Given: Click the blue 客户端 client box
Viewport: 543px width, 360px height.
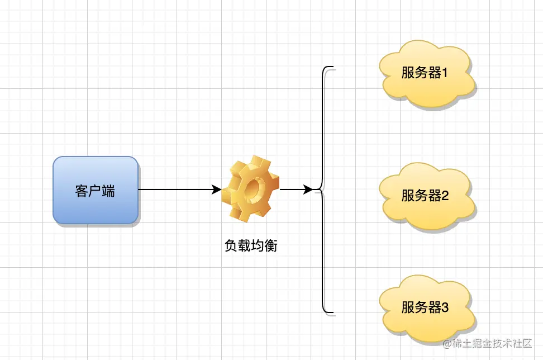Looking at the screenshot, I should (96, 190).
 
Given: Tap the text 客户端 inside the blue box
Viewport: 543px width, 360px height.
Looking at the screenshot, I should (96, 190).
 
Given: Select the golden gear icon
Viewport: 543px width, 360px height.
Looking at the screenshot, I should (250, 188).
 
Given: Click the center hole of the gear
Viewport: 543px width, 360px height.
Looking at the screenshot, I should (254, 187).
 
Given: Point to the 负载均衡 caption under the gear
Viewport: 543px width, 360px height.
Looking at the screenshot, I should (251, 245).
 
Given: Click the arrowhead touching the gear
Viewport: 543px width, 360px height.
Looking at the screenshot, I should (217, 190).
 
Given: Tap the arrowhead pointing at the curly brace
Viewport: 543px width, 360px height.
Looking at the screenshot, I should (308, 190).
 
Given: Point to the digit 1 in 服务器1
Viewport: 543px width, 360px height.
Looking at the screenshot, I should (445, 73).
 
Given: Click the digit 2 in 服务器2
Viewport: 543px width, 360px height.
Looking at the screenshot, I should (445, 196).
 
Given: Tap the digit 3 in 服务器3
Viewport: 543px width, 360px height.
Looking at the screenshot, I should (445, 307).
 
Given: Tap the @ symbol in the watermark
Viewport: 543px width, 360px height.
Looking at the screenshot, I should (447, 344).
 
